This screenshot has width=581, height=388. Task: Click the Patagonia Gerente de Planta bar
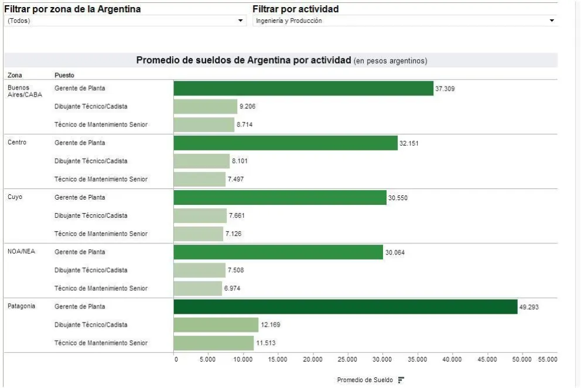346,307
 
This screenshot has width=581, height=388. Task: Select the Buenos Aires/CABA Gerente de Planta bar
303,88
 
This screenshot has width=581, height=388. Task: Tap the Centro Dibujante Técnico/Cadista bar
201,161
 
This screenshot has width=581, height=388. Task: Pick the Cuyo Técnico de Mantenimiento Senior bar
199,234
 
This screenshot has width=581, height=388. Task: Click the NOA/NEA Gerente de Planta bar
278,252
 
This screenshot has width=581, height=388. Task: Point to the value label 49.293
529,307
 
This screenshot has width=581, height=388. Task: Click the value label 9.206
247,107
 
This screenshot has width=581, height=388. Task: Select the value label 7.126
233,234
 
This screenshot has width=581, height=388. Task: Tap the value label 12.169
270,325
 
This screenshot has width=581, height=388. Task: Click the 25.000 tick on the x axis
347,359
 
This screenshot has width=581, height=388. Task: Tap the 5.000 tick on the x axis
208,359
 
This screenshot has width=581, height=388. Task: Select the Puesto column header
64,75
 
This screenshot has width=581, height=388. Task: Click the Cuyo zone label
15,197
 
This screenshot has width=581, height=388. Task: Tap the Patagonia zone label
21,306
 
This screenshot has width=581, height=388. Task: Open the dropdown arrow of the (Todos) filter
240,21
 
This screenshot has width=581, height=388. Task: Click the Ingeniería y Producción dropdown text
289,21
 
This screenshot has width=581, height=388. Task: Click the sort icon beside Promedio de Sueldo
401,380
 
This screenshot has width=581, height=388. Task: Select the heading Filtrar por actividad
295,9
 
